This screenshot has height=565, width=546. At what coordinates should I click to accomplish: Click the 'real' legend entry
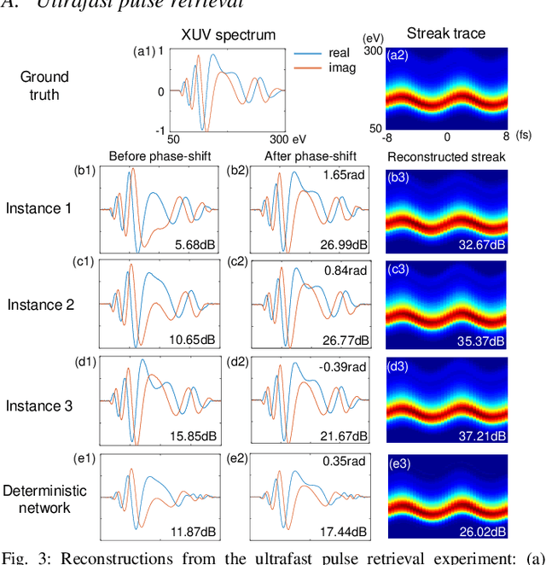(x=339, y=53)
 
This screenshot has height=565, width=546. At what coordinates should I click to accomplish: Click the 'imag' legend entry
(x=340, y=67)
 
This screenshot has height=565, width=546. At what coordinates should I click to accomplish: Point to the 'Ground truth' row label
(x=44, y=85)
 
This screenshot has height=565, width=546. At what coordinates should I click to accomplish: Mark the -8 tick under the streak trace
(x=388, y=137)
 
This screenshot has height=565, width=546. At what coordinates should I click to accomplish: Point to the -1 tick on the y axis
(x=161, y=130)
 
